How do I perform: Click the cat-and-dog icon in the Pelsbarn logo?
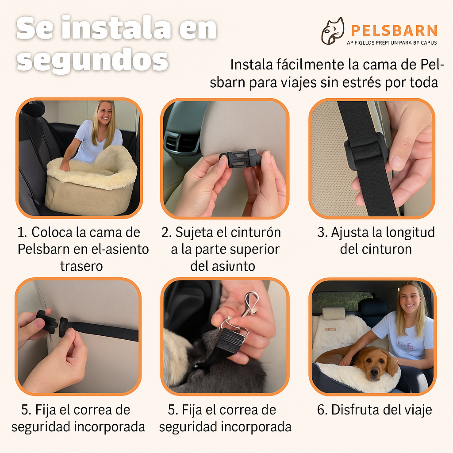pyautogui.click(x=333, y=31)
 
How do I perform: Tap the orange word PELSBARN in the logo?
pyautogui.click(x=394, y=31)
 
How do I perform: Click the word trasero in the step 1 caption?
pyautogui.click(x=81, y=266)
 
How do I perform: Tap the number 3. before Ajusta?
pyautogui.click(x=322, y=232)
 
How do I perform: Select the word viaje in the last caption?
pyautogui.click(x=415, y=410)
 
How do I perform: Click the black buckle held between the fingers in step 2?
pyautogui.click(x=241, y=159)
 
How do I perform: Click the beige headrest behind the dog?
pyautogui.click(x=333, y=313)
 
